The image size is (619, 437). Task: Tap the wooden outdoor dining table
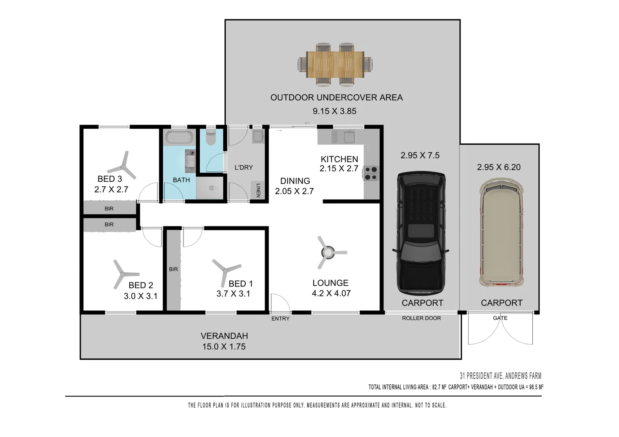(335, 64)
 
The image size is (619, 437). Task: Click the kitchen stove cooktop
(371, 173)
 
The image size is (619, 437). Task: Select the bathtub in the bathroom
(179, 137)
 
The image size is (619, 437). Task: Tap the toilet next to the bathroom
(211, 137)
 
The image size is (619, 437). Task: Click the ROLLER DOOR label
(421, 318)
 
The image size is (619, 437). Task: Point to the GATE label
(500, 318)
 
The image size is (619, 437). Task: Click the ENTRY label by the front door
(280, 319)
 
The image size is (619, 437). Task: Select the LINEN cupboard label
(258, 190)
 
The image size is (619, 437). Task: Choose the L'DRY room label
(243, 168)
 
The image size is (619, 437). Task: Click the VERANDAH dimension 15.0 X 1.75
(224, 347)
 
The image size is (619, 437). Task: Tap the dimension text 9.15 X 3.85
(334, 111)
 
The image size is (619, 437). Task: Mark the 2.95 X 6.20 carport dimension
(499, 167)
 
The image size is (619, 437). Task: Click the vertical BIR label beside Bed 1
(173, 269)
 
